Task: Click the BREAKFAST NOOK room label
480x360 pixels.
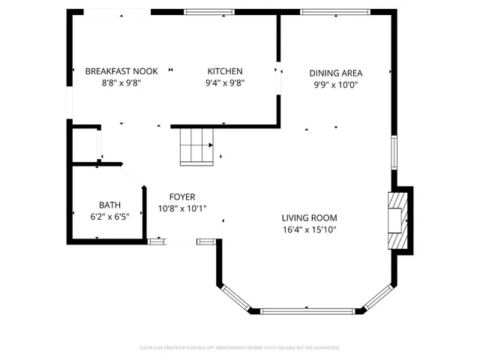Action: pyautogui.click(x=121, y=71)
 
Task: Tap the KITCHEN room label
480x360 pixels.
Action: pyautogui.click(x=225, y=71)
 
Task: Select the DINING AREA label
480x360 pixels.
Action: pyautogui.click(x=336, y=73)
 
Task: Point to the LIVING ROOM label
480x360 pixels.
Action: pyautogui.click(x=309, y=217)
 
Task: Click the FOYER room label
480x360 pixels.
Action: pyautogui.click(x=181, y=196)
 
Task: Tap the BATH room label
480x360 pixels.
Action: pyautogui.click(x=109, y=205)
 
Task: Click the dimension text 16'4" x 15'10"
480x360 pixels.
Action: pyautogui.click(x=309, y=229)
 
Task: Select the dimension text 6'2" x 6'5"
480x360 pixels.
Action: pyautogui.click(x=109, y=217)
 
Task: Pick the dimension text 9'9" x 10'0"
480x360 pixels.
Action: pyautogui.click(x=336, y=85)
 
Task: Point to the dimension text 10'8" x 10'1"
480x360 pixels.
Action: pyautogui.click(x=181, y=208)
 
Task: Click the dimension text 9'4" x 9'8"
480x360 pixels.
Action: pyautogui.click(x=225, y=83)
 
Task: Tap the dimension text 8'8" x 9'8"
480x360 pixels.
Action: pyautogui.click(x=121, y=83)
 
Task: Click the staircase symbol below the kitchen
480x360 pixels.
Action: pyautogui.click(x=197, y=145)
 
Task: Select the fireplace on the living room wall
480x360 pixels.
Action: pyautogui.click(x=397, y=220)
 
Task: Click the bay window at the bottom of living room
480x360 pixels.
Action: pyautogui.click(x=306, y=310)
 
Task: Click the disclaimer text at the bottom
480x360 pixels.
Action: pyautogui.click(x=240, y=348)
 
